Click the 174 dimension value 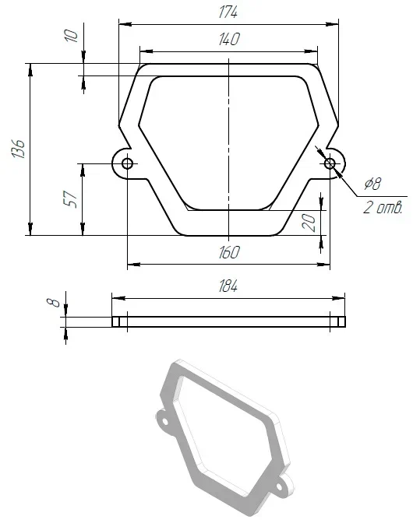(x=228, y=12)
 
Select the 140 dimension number (x=229, y=39)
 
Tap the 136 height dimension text (x=18, y=149)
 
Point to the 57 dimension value (x=70, y=199)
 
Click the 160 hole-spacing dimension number (x=229, y=252)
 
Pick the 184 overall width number (x=228, y=286)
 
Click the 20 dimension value (x=309, y=223)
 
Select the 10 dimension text (x=71, y=36)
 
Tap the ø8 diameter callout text (x=372, y=184)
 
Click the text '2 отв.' (x=383, y=208)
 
